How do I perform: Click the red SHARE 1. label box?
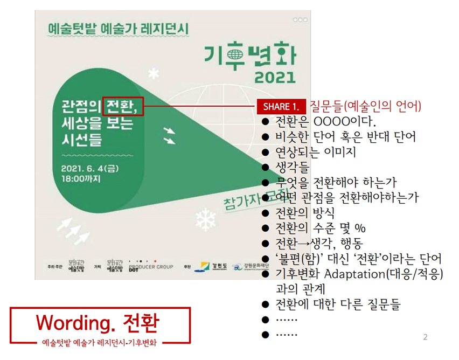click(281, 107)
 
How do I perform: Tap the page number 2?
click(426, 337)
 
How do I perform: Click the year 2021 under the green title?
click(269, 77)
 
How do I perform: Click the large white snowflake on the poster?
click(204, 218)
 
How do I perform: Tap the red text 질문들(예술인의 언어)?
click(366, 106)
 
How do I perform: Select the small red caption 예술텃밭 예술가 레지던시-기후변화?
click(100, 342)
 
